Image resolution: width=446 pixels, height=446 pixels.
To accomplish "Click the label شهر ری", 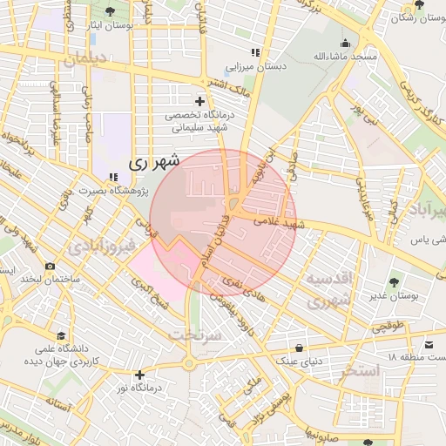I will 153,162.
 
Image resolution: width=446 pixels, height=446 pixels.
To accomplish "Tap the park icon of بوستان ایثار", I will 111,11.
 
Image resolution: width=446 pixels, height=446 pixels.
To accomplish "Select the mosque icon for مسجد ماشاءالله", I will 346,43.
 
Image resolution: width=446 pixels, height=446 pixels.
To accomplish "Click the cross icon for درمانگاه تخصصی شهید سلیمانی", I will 200,102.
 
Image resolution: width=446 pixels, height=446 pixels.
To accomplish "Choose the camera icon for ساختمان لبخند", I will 51,266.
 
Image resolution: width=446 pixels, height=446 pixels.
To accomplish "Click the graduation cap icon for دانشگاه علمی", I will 61,335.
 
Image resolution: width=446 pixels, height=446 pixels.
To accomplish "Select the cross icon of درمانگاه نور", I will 139,375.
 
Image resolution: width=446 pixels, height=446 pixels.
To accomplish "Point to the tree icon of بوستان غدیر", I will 394,282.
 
